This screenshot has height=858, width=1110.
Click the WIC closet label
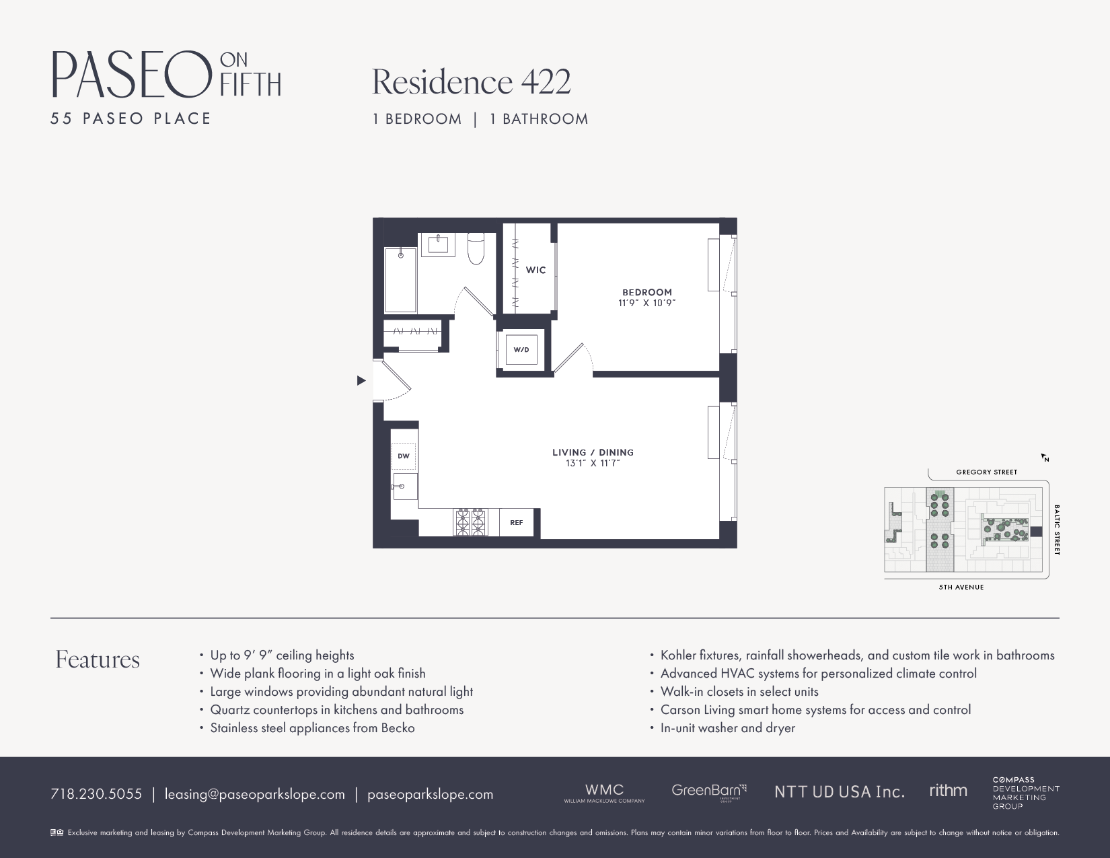coord(535,270)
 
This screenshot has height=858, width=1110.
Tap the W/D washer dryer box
coord(521,350)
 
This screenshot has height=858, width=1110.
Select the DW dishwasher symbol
coord(404,456)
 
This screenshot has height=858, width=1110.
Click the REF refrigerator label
coord(517,523)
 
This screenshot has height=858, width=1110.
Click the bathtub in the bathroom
coord(400,280)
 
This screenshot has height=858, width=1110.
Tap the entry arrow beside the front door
coord(361,381)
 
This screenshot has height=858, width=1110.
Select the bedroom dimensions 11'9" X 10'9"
coord(646,303)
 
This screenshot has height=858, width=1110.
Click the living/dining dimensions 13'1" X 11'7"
coord(593,464)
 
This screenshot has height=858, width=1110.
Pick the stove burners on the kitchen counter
coord(471,522)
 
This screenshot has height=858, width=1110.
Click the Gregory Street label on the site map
coord(986,472)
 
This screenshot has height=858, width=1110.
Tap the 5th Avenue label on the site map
coord(961,587)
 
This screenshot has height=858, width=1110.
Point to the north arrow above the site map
coord(1045,458)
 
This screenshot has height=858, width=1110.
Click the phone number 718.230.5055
coord(96,794)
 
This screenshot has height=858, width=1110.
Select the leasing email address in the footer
coord(254,794)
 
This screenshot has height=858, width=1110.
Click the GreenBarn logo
coord(708,791)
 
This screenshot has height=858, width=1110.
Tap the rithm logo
coord(948,791)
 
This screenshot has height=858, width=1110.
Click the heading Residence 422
coord(471,82)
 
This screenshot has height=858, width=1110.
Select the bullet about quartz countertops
coord(336,710)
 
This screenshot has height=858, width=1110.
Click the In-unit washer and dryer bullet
coord(727,728)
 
